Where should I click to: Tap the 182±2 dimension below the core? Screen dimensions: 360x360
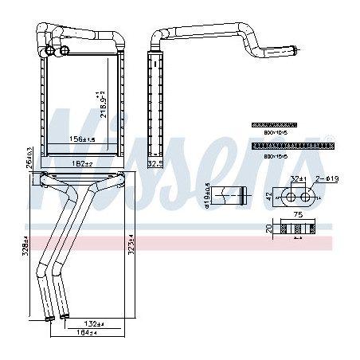click(83, 163)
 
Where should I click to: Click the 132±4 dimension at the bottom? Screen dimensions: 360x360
click(94, 323)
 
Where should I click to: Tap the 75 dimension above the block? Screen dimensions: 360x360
click(298, 213)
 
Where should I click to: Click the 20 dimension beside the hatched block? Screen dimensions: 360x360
click(268, 229)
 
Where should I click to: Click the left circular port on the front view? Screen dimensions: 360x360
click(52, 52)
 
